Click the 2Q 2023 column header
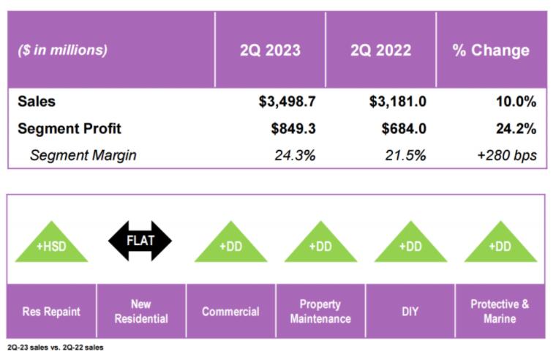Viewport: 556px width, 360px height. point(270,50)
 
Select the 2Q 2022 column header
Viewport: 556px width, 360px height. point(380,50)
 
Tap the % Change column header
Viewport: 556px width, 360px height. point(491,50)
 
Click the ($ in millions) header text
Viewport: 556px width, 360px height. point(62,50)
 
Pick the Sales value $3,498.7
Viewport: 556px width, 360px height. point(288,102)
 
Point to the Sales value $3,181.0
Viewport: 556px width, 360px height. point(398,102)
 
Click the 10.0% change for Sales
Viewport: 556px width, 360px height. point(516,102)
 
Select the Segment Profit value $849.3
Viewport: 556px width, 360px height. point(293,129)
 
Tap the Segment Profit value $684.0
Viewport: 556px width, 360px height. point(403,129)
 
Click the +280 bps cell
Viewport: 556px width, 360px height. point(507,155)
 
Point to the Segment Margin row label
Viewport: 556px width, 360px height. point(83,155)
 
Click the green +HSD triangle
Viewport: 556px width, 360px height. point(51,243)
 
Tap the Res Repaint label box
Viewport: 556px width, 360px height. point(51,311)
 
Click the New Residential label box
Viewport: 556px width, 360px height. point(140,311)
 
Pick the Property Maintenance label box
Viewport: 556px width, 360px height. point(320,311)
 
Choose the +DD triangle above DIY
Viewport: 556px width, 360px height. point(410,243)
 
